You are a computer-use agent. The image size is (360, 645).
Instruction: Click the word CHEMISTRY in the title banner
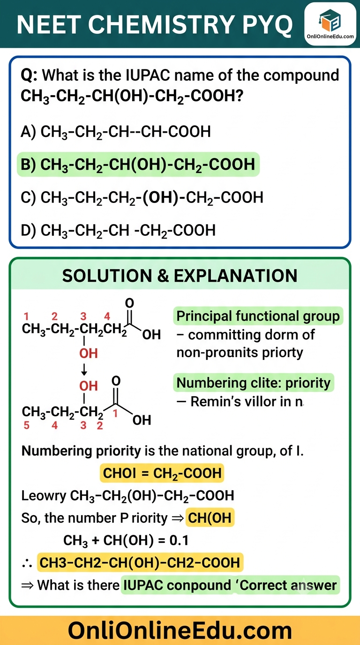[162, 24]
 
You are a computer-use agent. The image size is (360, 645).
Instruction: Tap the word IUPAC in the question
[148, 75]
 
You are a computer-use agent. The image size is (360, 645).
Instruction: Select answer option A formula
[116, 132]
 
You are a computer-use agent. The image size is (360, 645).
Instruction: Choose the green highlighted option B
[138, 165]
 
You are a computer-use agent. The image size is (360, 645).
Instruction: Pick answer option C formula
[142, 198]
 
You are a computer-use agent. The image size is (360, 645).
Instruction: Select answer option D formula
[118, 231]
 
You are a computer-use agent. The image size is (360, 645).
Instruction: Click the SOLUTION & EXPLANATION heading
[180, 276]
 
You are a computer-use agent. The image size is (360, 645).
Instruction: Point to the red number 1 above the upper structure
[27, 316]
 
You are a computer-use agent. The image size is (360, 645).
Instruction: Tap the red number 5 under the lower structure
[27, 425]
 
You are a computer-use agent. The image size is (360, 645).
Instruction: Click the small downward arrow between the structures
[84, 369]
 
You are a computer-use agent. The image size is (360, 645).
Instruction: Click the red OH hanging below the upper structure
[89, 353]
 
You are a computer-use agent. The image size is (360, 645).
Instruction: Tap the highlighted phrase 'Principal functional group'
[258, 316]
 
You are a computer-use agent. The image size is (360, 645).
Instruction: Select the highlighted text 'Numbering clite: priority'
[254, 382]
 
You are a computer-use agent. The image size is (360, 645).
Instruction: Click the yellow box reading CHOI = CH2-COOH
[162, 473]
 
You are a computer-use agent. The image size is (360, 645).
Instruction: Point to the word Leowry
[44, 496]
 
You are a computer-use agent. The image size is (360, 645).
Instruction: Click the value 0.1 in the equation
[179, 540]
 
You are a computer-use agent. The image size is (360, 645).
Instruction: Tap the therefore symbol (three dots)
[27, 563]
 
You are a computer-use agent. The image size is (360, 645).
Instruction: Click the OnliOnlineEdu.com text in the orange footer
[180, 630]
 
